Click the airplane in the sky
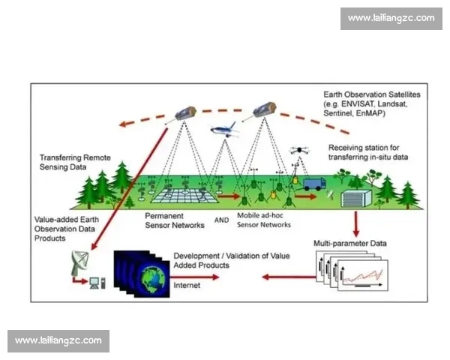pos(224,130)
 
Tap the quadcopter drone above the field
pos(299,150)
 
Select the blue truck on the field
pos(314,184)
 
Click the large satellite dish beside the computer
pos(79,262)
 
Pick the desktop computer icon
pos(97,283)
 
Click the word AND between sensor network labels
pos(221,220)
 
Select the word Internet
pos(187,285)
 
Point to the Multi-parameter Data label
pos(349,244)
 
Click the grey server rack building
pos(355,198)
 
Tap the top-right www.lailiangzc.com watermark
pos(391,18)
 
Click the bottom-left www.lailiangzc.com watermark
pos(58,340)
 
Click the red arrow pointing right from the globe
pos(194,277)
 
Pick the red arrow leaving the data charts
pos(289,277)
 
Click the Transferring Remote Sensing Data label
pos(75,162)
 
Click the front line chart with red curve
pos(363,275)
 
